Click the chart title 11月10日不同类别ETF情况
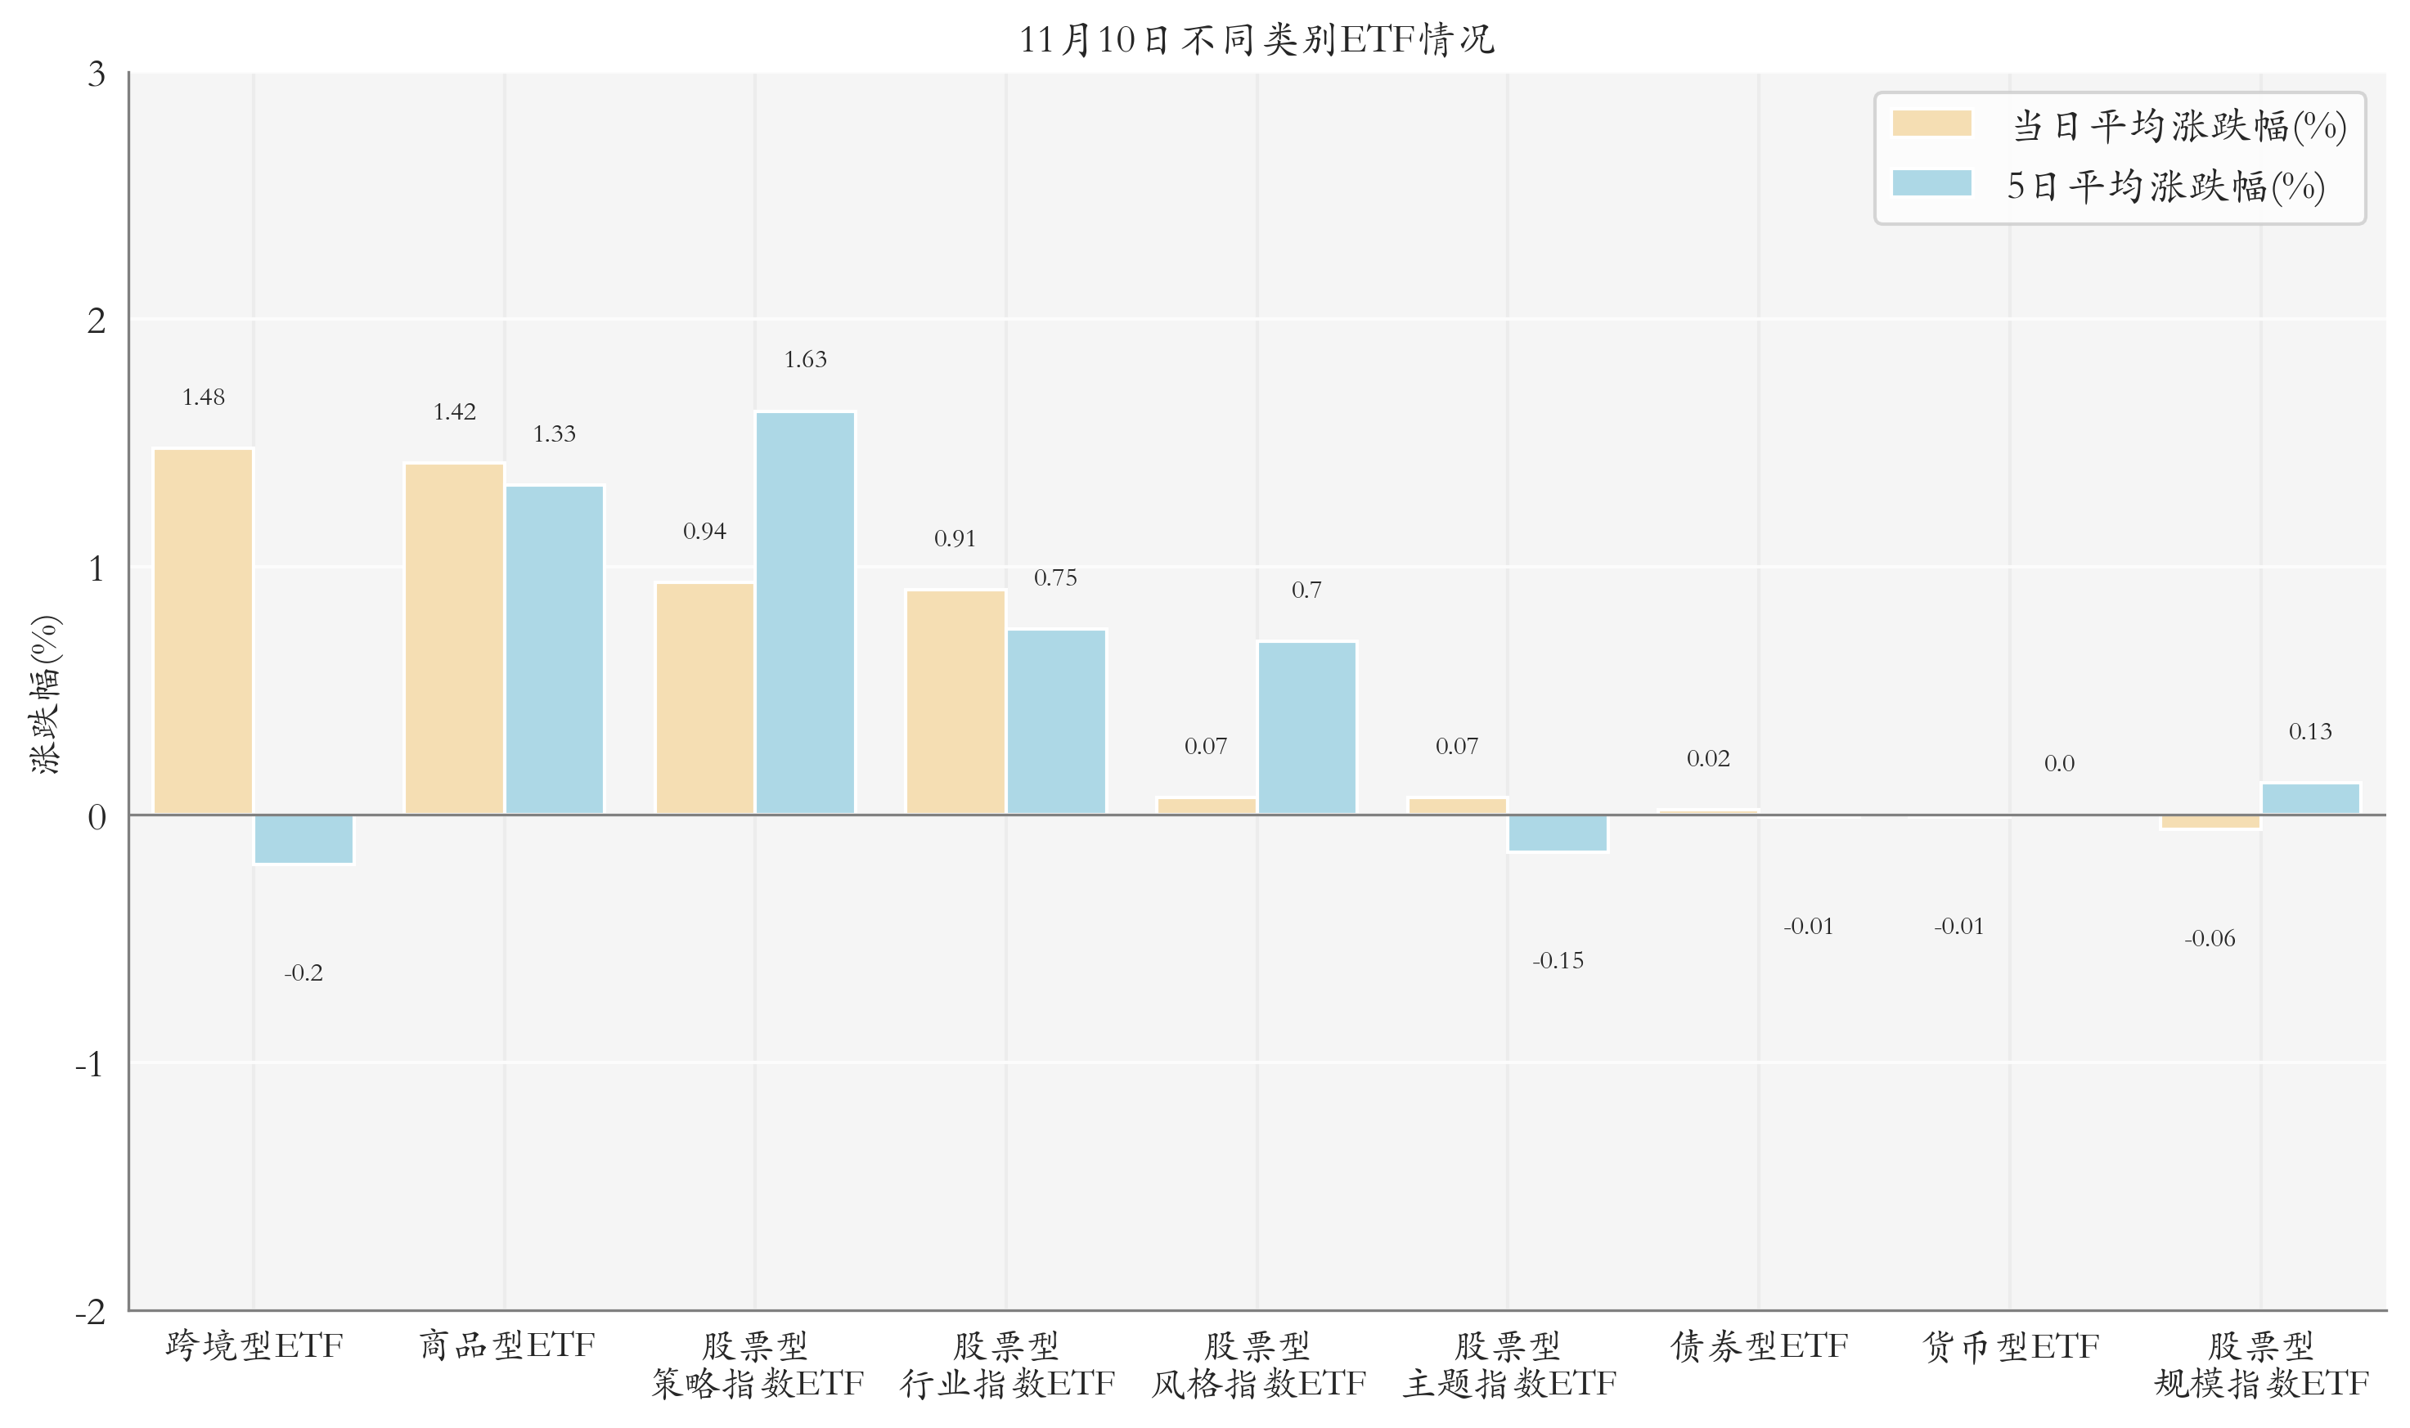1256,40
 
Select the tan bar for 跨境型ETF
203,631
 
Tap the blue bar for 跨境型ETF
303,839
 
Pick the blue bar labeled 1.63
805,613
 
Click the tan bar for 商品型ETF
454,639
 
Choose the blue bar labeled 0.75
1056,721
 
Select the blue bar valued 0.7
1306,727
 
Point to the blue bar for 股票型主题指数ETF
1558,833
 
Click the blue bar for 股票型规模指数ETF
2310,799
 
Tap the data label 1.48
203,397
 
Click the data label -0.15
1558,960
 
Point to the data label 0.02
1707,759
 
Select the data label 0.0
2059,764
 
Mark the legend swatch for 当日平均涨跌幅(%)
1931,124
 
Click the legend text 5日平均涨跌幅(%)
2165,186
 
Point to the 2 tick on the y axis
97,321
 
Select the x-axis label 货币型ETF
2010,1346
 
